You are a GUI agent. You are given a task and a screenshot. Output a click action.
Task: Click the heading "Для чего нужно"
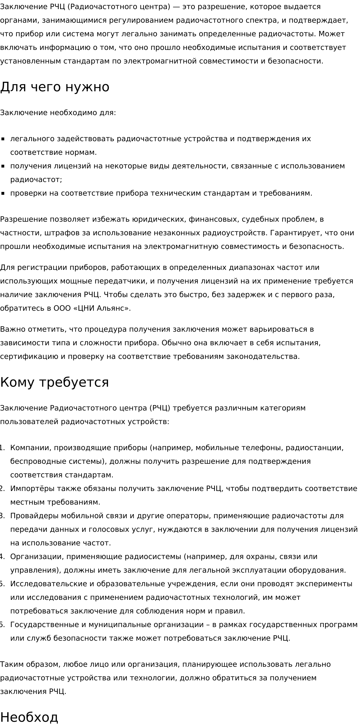click(55, 87)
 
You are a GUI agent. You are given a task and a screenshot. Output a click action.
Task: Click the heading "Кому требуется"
click(54, 382)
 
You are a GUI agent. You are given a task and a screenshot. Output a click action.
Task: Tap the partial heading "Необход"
click(29, 717)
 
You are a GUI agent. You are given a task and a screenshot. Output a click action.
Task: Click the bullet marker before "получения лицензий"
click(3, 166)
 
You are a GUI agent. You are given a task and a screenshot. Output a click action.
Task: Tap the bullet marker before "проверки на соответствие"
click(3, 193)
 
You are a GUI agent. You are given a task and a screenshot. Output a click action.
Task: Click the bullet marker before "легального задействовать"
click(3, 139)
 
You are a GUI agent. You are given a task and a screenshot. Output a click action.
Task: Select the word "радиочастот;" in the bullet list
click(36, 179)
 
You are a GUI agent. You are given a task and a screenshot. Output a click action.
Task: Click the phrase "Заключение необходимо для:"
click(58, 113)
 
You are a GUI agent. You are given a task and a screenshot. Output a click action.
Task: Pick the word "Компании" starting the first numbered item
click(30, 448)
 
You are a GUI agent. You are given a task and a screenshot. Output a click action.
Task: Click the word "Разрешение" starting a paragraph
click(24, 219)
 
